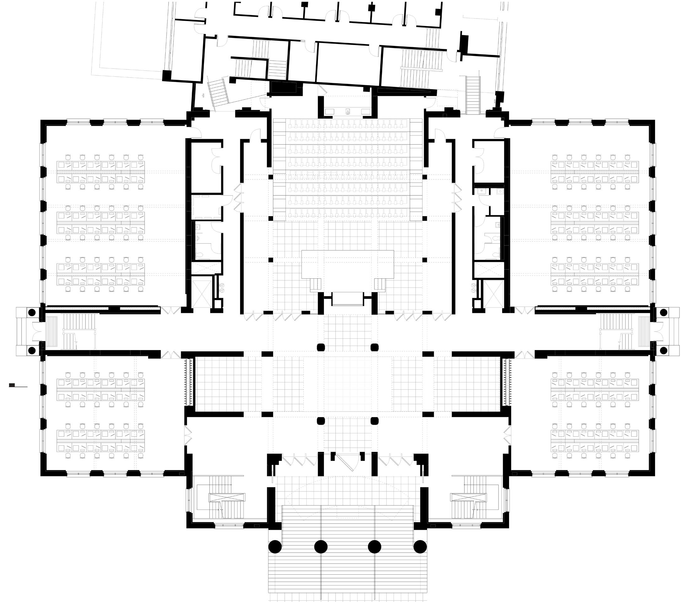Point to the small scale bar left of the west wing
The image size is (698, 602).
pyautogui.click(x=12, y=385)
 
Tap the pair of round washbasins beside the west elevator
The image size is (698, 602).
pyautogui.click(x=222, y=288)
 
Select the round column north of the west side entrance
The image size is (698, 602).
pyautogui.click(x=32, y=313)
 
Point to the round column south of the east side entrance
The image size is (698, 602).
pyautogui.click(x=663, y=351)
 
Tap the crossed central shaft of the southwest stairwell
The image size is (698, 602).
pyautogui.click(x=227, y=497)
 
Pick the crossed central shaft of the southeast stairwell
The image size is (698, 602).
pyautogui.click(x=469, y=497)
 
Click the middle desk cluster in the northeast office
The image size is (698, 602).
pyautogui.click(x=594, y=222)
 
